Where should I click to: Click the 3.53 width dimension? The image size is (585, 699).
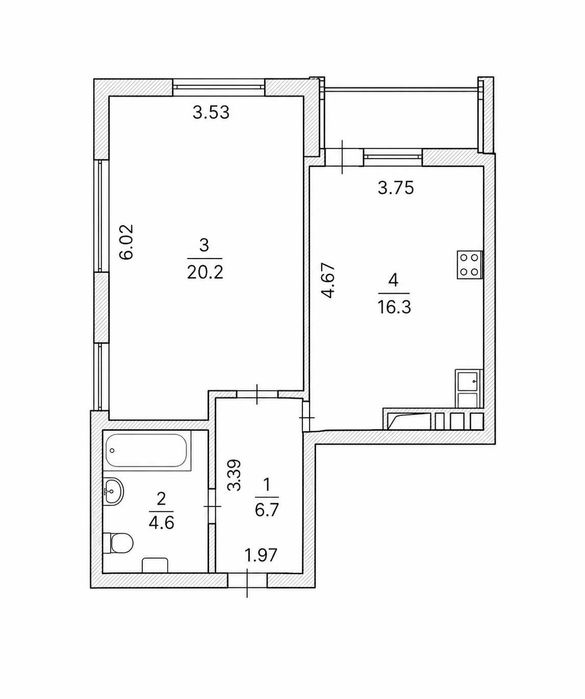[211, 112]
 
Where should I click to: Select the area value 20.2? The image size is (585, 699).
[205, 272]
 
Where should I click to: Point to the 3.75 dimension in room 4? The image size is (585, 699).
[395, 188]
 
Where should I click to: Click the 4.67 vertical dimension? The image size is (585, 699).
[329, 280]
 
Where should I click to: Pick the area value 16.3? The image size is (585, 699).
[394, 307]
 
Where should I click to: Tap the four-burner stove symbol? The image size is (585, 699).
[470, 265]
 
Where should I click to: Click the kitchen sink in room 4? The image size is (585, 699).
[468, 388]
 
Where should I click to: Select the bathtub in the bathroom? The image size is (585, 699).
[148, 450]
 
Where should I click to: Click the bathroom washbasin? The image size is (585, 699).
[113, 491]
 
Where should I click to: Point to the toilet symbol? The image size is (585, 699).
[118, 543]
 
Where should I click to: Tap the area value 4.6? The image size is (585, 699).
[161, 522]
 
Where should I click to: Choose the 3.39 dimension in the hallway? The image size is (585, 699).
[234, 475]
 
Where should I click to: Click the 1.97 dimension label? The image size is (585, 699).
[261, 555]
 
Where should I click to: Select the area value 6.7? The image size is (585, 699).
[267, 509]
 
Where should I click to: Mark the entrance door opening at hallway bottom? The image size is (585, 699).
[247, 580]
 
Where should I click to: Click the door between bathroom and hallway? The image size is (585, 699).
[212, 506]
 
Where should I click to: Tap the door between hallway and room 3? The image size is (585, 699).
[257, 395]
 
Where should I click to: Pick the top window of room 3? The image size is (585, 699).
[218, 87]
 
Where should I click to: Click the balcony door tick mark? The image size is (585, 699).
[342, 156]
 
